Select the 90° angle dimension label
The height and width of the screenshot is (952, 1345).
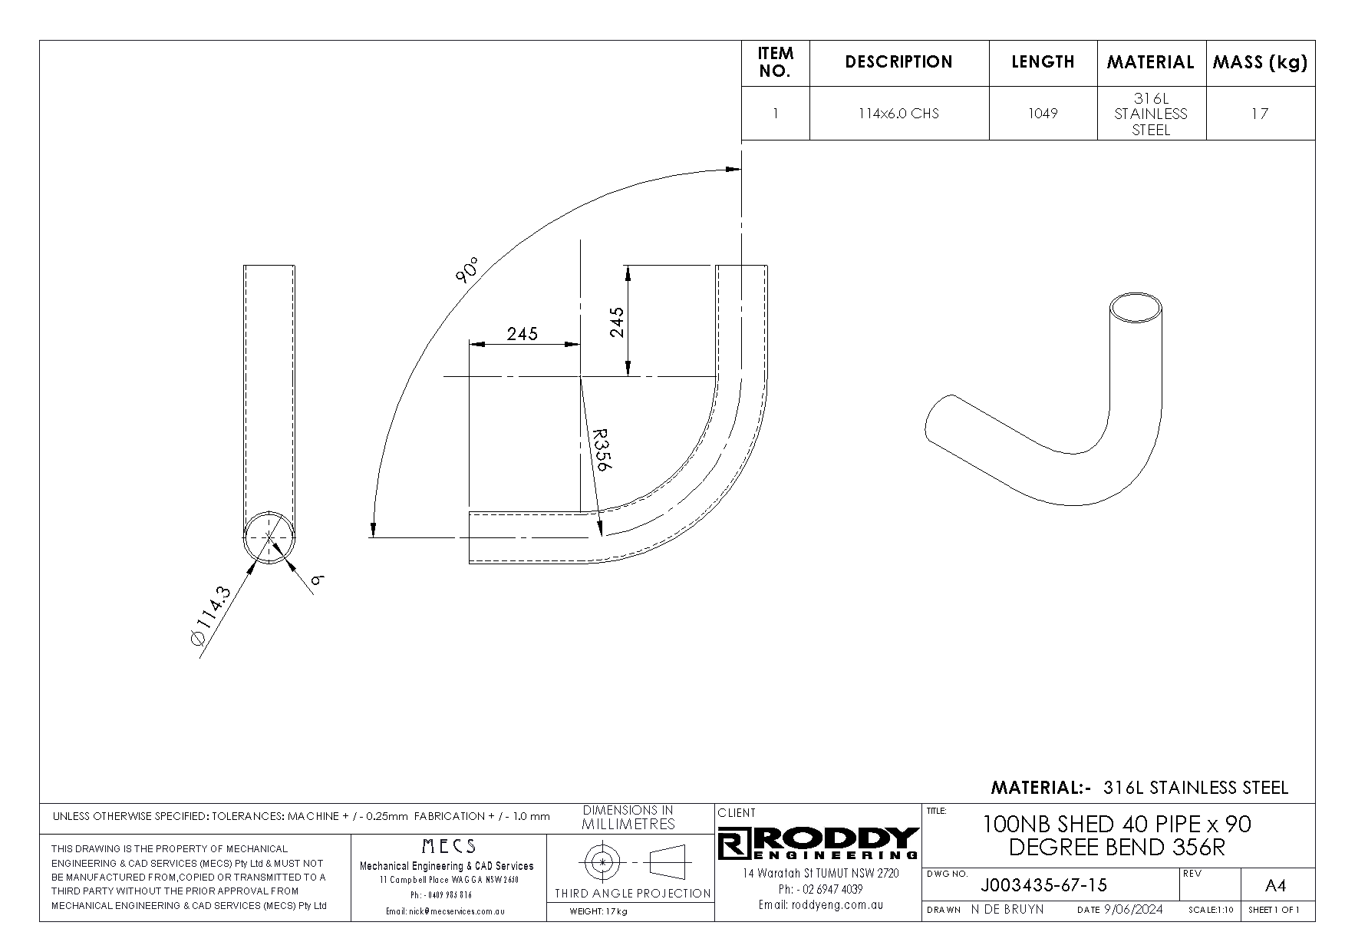466,270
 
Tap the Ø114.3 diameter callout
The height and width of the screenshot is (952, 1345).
209,617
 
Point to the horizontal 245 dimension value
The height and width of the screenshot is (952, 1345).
522,333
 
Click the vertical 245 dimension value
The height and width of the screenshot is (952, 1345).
617,322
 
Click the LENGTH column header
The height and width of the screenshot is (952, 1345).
1043,62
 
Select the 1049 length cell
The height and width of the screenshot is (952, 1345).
1043,113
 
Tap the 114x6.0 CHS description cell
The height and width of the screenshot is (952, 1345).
898,113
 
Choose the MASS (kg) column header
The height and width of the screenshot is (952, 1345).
1260,63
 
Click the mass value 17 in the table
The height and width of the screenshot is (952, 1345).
1260,114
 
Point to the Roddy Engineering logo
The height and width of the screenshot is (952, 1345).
818,844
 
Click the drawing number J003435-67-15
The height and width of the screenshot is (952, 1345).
1043,885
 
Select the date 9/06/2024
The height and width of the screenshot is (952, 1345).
1133,910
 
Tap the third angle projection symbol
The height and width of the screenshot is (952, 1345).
630,862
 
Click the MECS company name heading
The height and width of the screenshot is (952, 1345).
449,846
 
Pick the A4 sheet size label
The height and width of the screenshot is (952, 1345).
1274,886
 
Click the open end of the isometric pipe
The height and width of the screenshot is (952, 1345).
1136,309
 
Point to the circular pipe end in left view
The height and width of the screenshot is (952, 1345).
269,537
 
